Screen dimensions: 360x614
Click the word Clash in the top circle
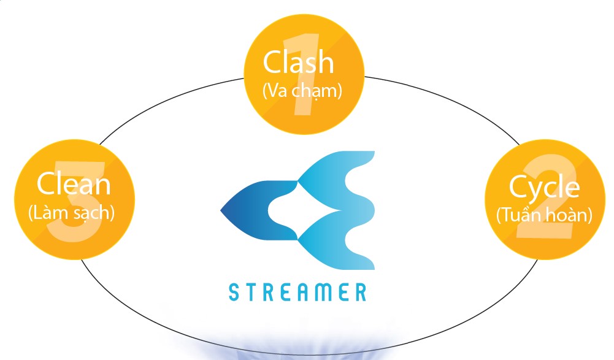[298, 63]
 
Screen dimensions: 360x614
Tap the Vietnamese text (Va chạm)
[302, 91]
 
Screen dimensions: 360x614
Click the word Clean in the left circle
[73, 183]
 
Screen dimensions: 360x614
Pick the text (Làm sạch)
[72, 213]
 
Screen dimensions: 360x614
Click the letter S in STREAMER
[234, 292]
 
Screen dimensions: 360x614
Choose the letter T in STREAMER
[253, 292]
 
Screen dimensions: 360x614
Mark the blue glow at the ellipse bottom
[307, 350]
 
